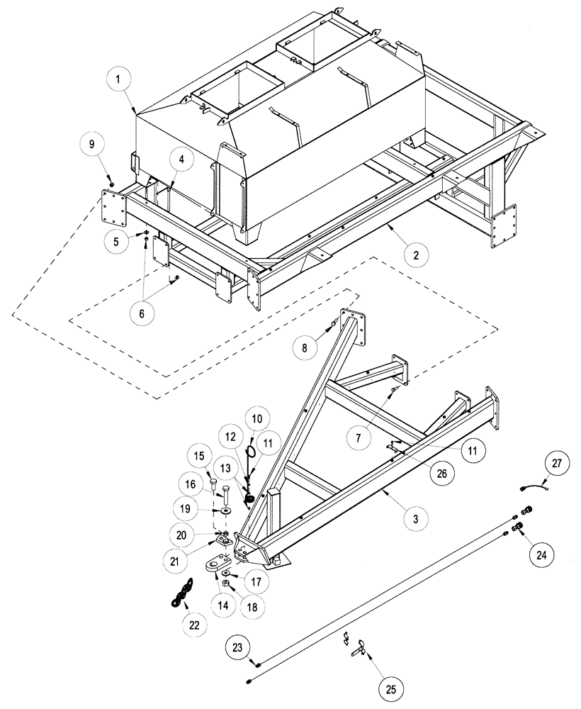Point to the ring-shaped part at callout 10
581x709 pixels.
[251, 451]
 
